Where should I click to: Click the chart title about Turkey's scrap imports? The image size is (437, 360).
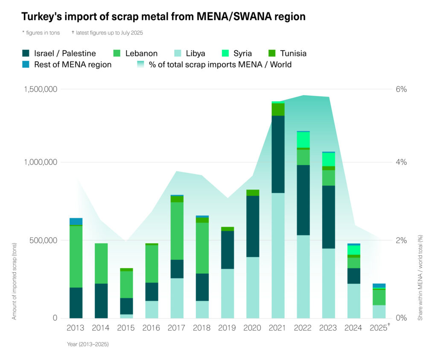[163, 17]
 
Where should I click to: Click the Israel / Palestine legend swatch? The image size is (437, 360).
[26, 53]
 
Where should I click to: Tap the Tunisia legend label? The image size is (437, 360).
[293, 53]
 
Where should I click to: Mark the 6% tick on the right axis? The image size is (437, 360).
[402, 89]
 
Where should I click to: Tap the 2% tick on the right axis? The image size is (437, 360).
[402, 240]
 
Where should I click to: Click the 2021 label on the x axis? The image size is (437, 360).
[277, 328]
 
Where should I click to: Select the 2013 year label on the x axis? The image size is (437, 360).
[76, 328]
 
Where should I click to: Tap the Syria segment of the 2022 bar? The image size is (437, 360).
[303, 139]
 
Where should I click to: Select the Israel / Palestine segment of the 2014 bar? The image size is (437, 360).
[101, 300]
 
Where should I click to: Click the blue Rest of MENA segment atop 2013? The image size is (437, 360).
[76, 221]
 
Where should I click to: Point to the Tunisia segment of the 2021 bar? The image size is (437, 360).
[278, 110]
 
